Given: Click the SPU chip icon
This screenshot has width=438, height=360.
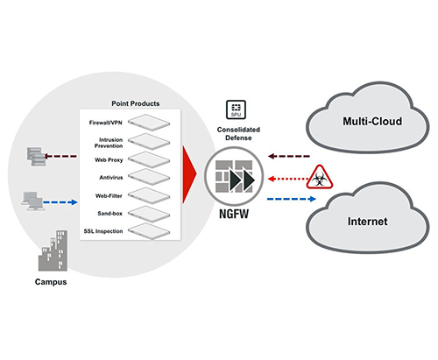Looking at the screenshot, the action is point(236,109).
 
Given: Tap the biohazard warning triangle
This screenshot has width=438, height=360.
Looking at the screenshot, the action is point(320,178).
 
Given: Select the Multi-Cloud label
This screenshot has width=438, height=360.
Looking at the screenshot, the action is point(372,121).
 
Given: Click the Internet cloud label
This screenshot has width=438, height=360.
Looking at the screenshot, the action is point(368,222).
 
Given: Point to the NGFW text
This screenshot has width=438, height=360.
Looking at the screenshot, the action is point(234,214).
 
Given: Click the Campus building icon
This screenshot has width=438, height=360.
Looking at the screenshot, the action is point(53,251).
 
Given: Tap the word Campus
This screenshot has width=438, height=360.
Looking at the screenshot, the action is point(51,282).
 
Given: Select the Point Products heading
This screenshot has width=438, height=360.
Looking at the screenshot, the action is point(136,103).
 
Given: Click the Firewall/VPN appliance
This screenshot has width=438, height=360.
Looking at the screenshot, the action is point(149,122).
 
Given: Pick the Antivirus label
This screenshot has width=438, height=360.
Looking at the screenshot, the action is point(111,177).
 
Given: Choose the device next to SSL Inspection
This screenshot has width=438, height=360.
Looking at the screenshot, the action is point(149,231).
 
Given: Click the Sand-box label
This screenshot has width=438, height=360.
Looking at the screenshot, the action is point(109,214).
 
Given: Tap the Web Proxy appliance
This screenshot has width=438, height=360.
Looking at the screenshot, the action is point(149,159).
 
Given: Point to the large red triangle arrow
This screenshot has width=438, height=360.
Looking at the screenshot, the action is point(189,174).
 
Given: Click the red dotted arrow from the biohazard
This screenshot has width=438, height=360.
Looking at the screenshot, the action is point(288,179).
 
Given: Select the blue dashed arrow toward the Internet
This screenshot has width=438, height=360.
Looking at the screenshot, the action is point(292,199).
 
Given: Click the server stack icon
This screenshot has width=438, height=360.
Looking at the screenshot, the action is point(36,157).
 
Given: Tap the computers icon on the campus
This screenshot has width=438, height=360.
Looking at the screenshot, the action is point(33,201).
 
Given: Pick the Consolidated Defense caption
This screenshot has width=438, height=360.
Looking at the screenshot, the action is point(238,133).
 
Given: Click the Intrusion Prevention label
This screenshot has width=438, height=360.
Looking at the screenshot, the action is point(109,143).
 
